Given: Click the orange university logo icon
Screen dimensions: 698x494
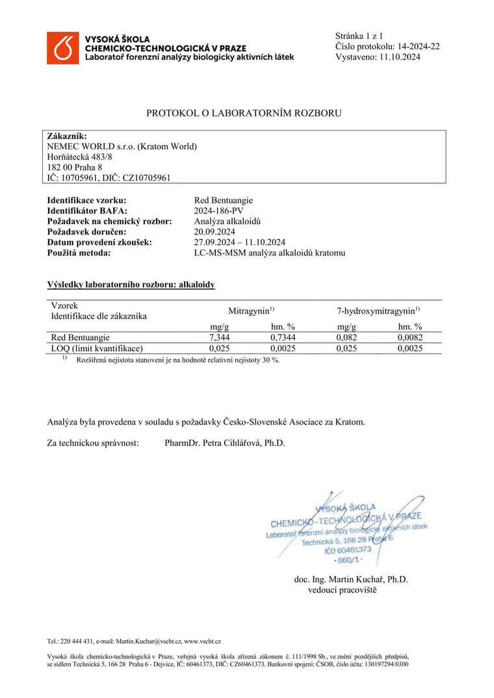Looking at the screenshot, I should click(63, 48).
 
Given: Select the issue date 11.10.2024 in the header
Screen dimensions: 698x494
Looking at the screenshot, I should click(398, 57).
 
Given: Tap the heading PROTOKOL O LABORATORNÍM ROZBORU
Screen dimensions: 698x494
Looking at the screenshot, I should click(244, 113).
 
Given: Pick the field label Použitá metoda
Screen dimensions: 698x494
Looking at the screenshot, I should click(79, 252).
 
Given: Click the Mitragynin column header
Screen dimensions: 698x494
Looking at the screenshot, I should click(251, 311).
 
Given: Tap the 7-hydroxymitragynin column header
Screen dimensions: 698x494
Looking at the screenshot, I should click(374, 311).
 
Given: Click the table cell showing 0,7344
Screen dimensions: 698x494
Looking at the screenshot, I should click(283, 338).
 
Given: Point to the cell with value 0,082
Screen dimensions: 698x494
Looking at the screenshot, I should click(347, 338).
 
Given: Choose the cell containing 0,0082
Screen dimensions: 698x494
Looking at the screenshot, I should click(409, 338).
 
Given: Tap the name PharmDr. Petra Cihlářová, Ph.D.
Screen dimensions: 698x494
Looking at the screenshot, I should click(225, 443).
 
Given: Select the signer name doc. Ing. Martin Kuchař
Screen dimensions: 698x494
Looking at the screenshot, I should click(351, 579).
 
